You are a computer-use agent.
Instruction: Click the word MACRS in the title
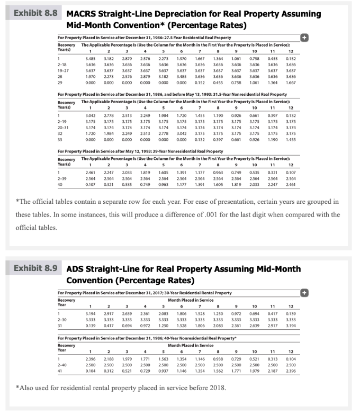pyautogui.click(x=85, y=12)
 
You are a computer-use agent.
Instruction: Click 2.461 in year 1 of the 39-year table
pyautogui.click(x=91, y=173)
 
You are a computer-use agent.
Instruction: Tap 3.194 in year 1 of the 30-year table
pyautogui.click(x=91, y=314)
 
